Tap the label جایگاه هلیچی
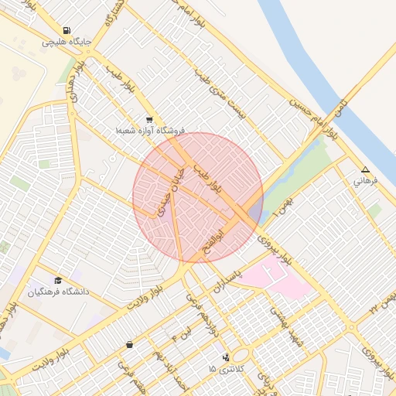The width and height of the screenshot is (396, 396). click(68, 41)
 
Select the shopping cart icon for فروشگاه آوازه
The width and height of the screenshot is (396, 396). click(149, 121)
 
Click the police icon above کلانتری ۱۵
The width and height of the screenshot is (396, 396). click(225, 357)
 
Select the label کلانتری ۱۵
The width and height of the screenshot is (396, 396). click(225, 369)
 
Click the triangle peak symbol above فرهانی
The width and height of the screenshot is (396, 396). click(365, 170)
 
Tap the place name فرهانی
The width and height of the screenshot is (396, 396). click(364, 182)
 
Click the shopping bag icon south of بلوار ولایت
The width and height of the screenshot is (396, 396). click(128, 344)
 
